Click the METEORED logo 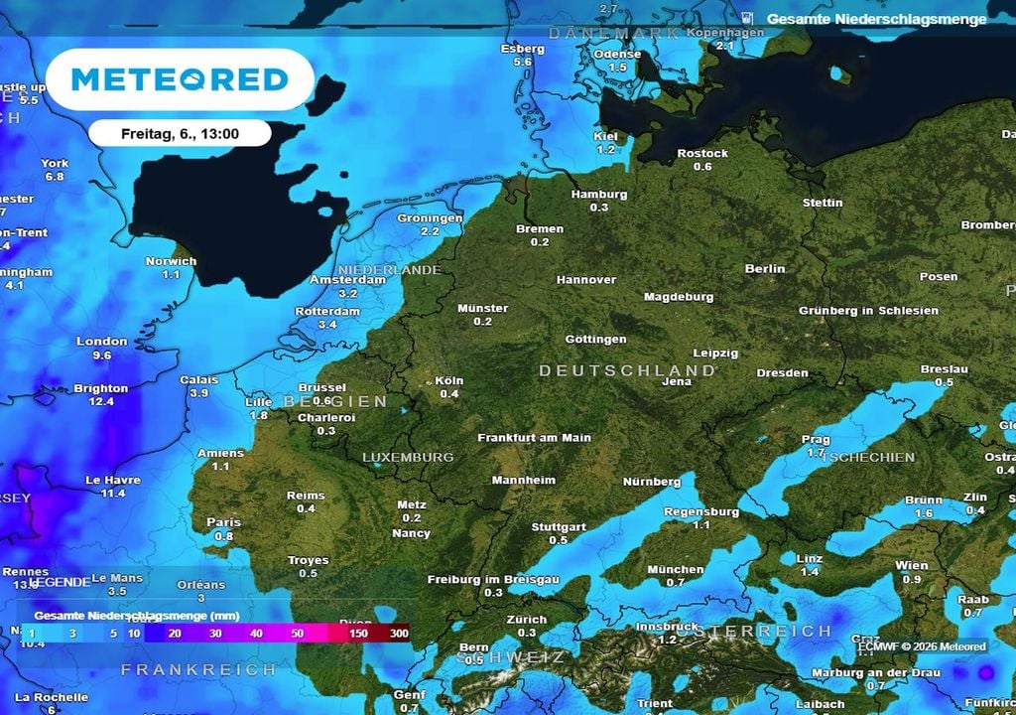point(180,79)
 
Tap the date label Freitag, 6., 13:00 point(180,133)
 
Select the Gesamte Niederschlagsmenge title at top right point(876,19)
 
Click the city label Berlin point(765,268)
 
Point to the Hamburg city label point(599,195)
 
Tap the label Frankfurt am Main point(534,438)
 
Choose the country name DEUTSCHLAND point(626,370)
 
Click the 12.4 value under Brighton point(101,402)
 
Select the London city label point(102,342)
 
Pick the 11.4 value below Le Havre point(113,494)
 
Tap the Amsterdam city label point(347,280)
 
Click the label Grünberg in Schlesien point(868,311)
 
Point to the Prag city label point(816,439)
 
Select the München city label point(675,570)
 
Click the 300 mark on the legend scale point(399,634)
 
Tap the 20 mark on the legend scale point(174,634)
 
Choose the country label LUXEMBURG point(408,458)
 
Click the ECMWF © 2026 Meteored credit point(922,647)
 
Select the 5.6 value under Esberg point(523,62)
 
